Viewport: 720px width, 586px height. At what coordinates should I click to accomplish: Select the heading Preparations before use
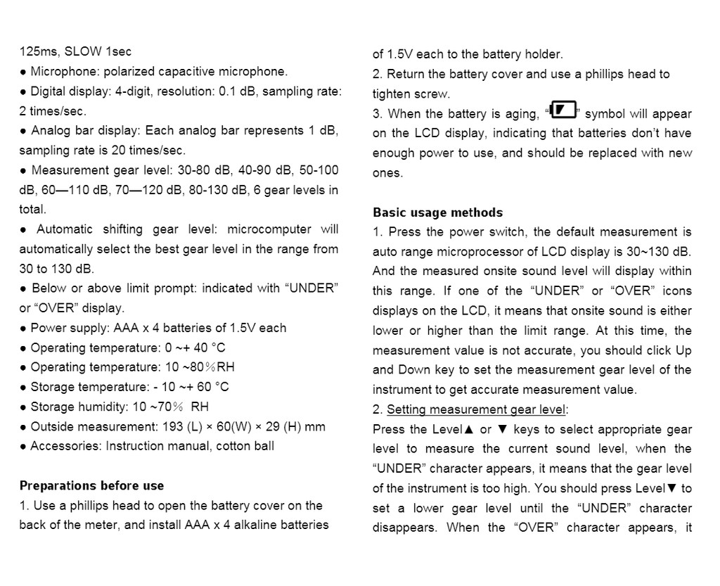point(91,485)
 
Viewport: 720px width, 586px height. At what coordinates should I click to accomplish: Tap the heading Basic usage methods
point(437,212)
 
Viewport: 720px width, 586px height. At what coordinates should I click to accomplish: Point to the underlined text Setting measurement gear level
point(476,409)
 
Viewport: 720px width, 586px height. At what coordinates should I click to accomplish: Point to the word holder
point(543,54)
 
